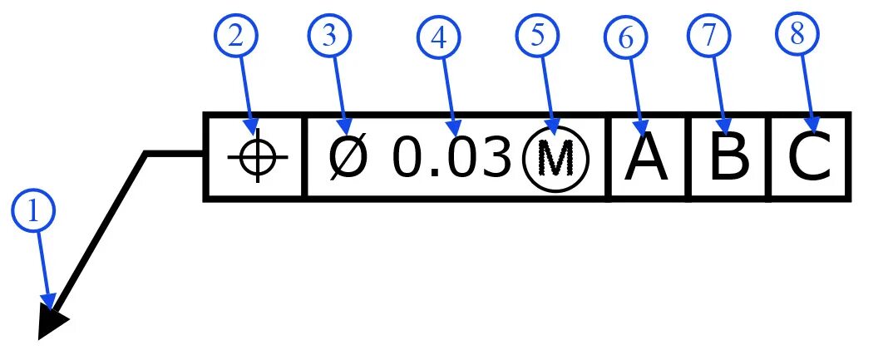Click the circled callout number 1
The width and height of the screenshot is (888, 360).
click(x=33, y=212)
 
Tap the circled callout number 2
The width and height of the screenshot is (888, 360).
click(x=236, y=37)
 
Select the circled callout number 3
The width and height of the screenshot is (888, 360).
click(x=330, y=37)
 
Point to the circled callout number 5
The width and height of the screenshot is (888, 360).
click(x=538, y=37)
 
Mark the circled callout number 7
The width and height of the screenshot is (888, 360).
click(x=708, y=37)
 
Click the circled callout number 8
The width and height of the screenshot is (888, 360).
click(x=797, y=37)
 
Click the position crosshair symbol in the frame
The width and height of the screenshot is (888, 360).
click(x=258, y=157)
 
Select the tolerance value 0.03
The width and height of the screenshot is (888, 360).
click(x=450, y=158)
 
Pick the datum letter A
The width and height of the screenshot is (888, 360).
click(x=646, y=158)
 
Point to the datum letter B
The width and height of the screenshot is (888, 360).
click(x=728, y=158)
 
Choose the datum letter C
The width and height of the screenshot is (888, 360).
click(x=809, y=158)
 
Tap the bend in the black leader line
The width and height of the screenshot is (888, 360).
click(x=146, y=153)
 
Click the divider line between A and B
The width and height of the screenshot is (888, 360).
click(x=688, y=157)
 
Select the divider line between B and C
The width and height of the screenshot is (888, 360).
click(x=768, y=157)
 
